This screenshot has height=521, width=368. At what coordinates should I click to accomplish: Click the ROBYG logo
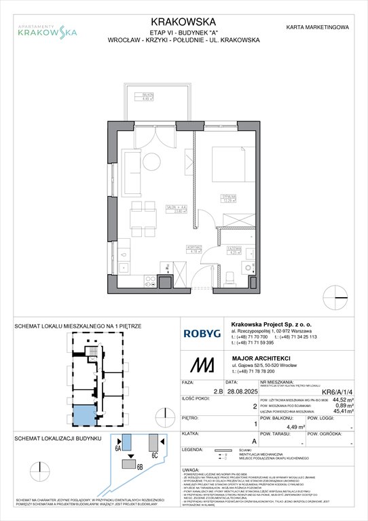(x=202, y=333)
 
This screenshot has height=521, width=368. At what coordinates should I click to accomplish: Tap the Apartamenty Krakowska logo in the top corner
(x=47, y=28)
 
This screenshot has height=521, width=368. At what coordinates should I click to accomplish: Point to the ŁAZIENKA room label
(x=232, y=250)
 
